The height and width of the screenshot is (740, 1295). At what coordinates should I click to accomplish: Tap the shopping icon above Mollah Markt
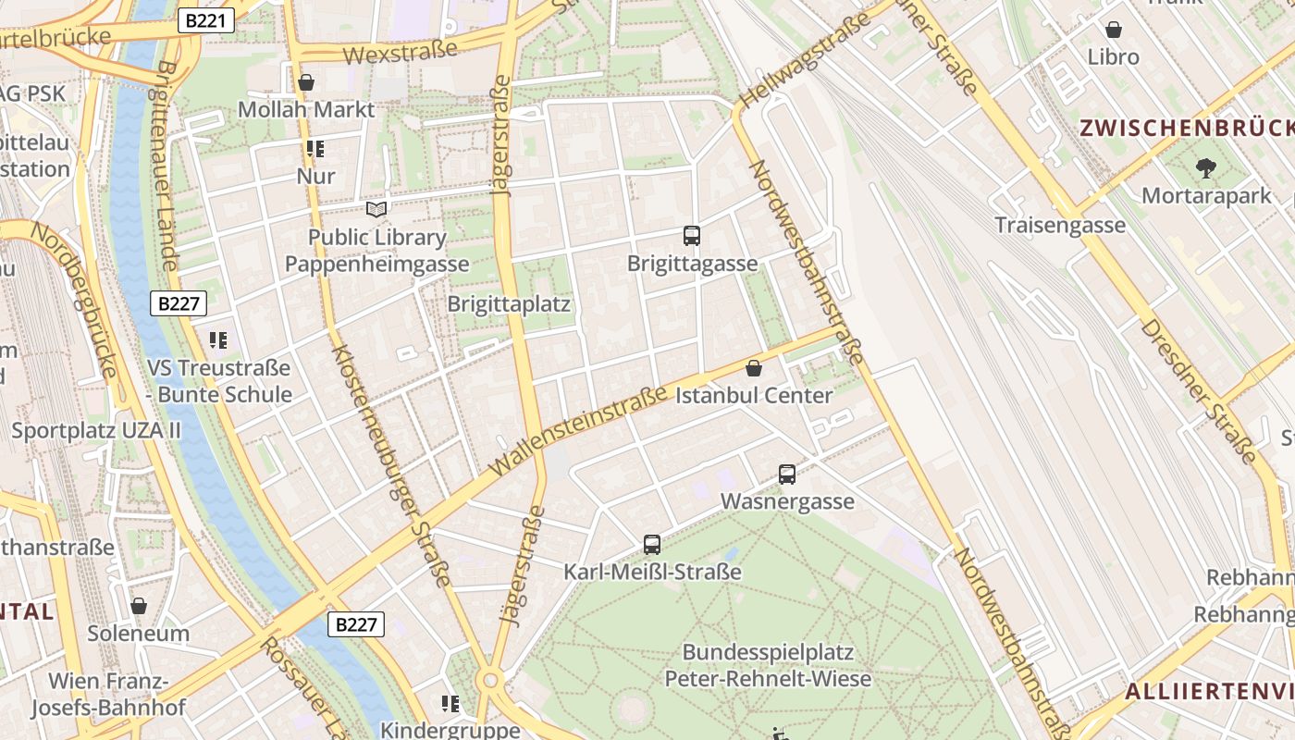pos(306,83)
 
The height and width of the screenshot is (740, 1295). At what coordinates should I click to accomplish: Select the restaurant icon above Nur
pos(315,149)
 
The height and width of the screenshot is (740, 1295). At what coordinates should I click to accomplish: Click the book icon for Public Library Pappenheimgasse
pos(376,209)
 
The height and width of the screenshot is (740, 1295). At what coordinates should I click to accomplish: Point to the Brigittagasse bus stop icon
pos(692,236)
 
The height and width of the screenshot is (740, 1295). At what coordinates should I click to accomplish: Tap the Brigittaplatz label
pos(509,304)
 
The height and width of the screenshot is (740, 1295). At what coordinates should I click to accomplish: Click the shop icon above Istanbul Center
pos(754,368)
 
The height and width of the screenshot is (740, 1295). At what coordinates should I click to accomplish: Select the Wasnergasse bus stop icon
pos(787,475)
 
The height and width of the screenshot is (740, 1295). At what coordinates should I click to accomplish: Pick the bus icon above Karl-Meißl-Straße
pos(652,545)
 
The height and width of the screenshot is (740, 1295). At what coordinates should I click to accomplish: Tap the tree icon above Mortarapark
pos(1205,168)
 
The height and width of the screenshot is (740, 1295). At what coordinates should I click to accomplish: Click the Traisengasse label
pos(1060,225)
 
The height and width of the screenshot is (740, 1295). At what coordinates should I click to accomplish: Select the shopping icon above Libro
pos(1114,30)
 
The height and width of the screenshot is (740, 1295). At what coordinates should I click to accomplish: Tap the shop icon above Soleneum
pos(139,606)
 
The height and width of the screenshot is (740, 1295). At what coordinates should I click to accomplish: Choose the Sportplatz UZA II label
pos(96,430)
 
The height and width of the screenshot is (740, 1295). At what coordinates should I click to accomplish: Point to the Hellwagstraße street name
pos(805,57)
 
